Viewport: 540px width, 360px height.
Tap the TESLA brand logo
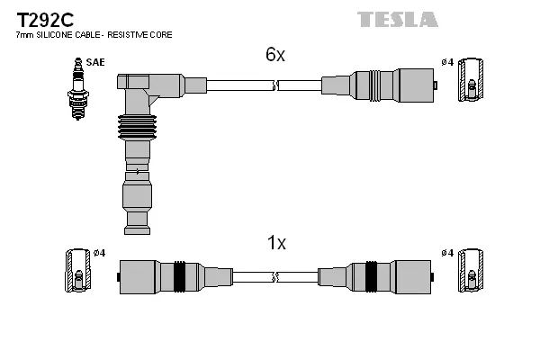(x=397, y=19)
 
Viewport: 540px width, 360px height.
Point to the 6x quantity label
(x=274, y=55)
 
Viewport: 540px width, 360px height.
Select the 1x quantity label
(x=275, y=242)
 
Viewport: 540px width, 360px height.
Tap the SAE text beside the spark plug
(x=94, y=62)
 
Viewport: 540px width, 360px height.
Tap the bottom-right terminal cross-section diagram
(x=470, y=270)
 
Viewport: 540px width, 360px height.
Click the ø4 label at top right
(x=447, y=62)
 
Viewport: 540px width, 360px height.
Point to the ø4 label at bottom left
(x=100, y=253)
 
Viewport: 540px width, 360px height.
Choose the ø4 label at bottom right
(x=447, y=253)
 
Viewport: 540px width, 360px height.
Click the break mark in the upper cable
(x=275, y=86)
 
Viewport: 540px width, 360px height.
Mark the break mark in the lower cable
(x=275, y=274)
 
